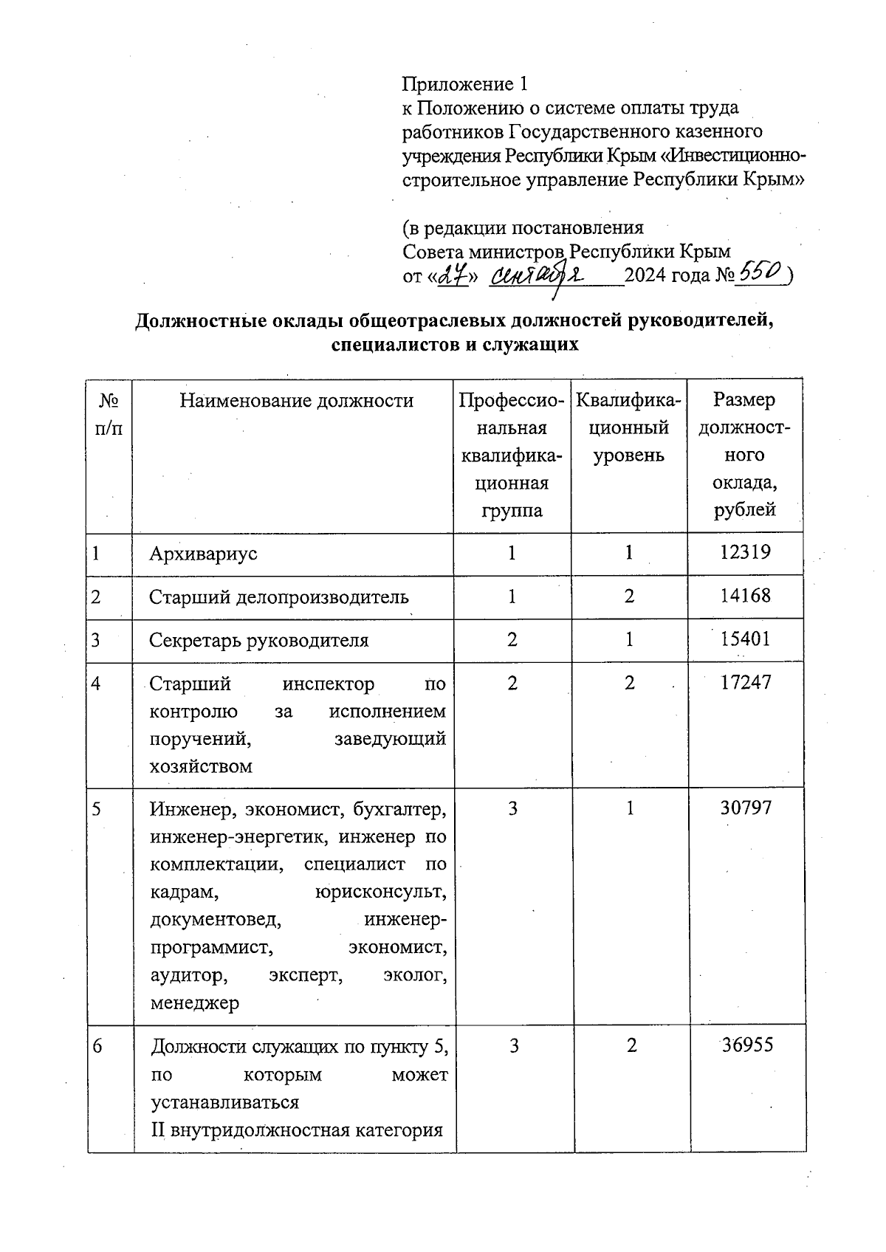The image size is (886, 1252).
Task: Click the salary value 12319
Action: coord(745,552)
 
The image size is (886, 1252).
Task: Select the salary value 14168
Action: coord(745,596)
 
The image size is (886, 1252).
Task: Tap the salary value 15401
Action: coord(745,639)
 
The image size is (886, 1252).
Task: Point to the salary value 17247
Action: coord(745,682)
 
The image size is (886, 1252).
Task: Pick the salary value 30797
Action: coord(745,808)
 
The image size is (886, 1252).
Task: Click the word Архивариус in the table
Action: coord(203,553)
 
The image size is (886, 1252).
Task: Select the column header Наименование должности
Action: coord(297,401)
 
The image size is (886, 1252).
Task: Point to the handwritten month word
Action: coord(538,275)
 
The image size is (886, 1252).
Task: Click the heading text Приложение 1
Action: coord(466,83)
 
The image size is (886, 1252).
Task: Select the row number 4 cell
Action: coord(97,683)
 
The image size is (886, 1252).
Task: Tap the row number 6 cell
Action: coord(97,1045)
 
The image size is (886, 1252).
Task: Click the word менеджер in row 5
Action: coord(194,1003)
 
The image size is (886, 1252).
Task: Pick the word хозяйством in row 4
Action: coord(200,766)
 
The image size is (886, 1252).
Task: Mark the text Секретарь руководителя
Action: coord(258,639)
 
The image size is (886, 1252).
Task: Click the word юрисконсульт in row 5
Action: coord(381,892)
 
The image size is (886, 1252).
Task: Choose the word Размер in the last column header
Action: coord(744,400)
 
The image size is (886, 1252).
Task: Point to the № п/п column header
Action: coord(109,414)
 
